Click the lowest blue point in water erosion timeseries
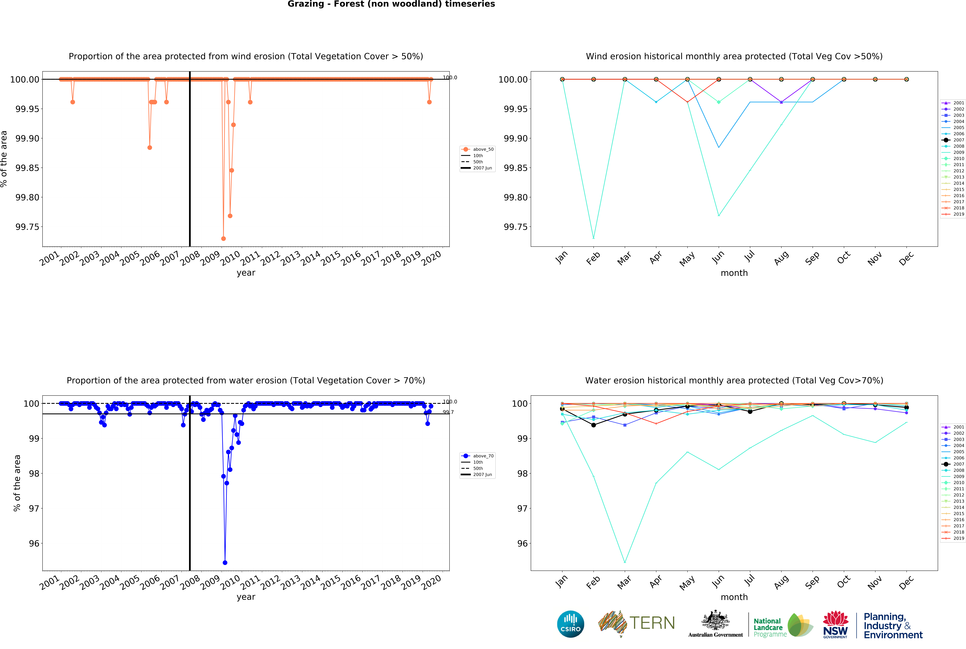pyautogui.click(x=225, y=563)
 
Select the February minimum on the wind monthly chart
pyautogui.click(x=593, y=238)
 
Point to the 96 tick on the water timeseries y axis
pyautogui.click(x=34, y=543)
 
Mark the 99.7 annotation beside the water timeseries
pyautogui.click(x=448, y=412)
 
